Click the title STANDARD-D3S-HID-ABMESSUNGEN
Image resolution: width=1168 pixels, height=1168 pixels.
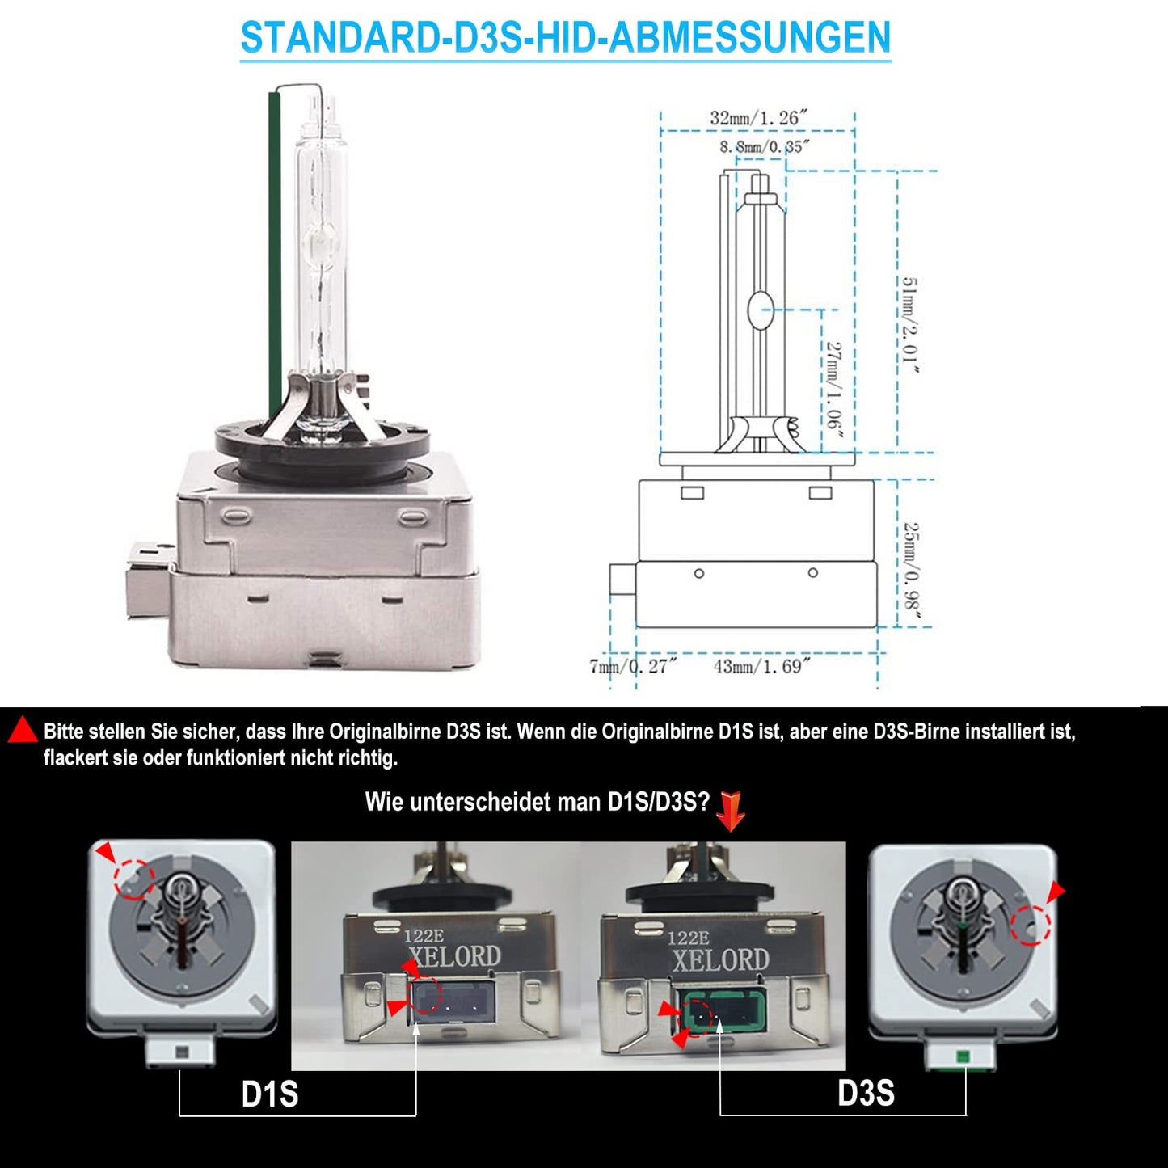pos(566,37)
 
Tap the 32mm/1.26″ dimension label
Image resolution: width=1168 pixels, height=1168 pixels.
pos(758,117)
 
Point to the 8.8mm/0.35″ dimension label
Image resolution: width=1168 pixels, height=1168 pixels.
pos(765,146)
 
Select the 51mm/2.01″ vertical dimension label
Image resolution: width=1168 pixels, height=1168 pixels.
pos(910,325)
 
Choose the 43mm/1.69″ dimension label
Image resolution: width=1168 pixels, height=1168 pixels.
pos(761,666)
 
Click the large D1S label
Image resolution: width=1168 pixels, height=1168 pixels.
pos(270,1094)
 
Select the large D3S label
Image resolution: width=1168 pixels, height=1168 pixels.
pos(866,1093)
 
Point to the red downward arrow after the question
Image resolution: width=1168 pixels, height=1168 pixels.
pos(731,811)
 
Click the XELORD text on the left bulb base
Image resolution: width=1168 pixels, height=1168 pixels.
pos(454,957)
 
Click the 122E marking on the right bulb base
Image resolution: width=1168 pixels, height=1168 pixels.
pos(688,938)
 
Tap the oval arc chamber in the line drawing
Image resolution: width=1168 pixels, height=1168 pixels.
pos(760,310)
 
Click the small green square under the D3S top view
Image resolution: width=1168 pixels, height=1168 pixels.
pos(959,1056)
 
